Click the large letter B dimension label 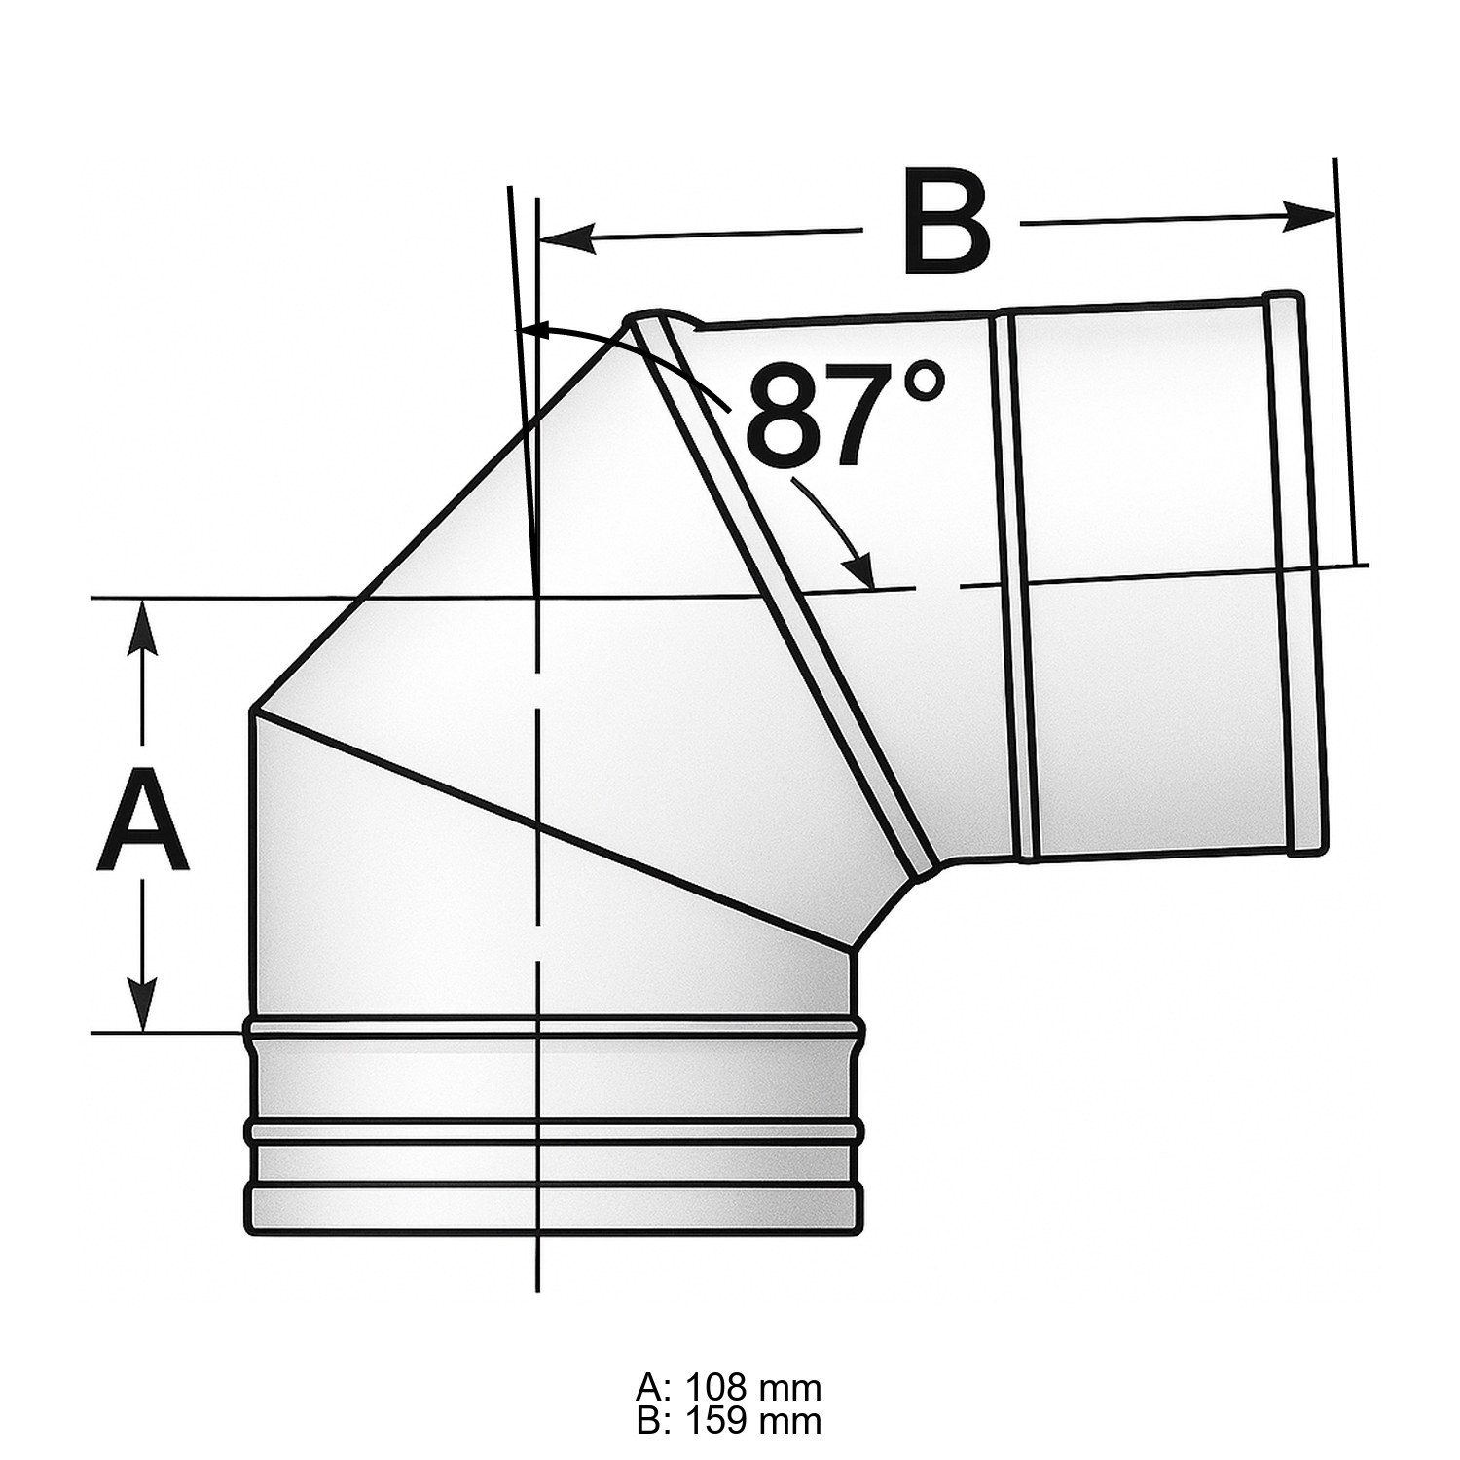point(945,222)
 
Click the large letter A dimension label point(142,820)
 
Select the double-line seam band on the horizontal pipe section point(1012,584)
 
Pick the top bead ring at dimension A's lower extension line point(553,1025)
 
